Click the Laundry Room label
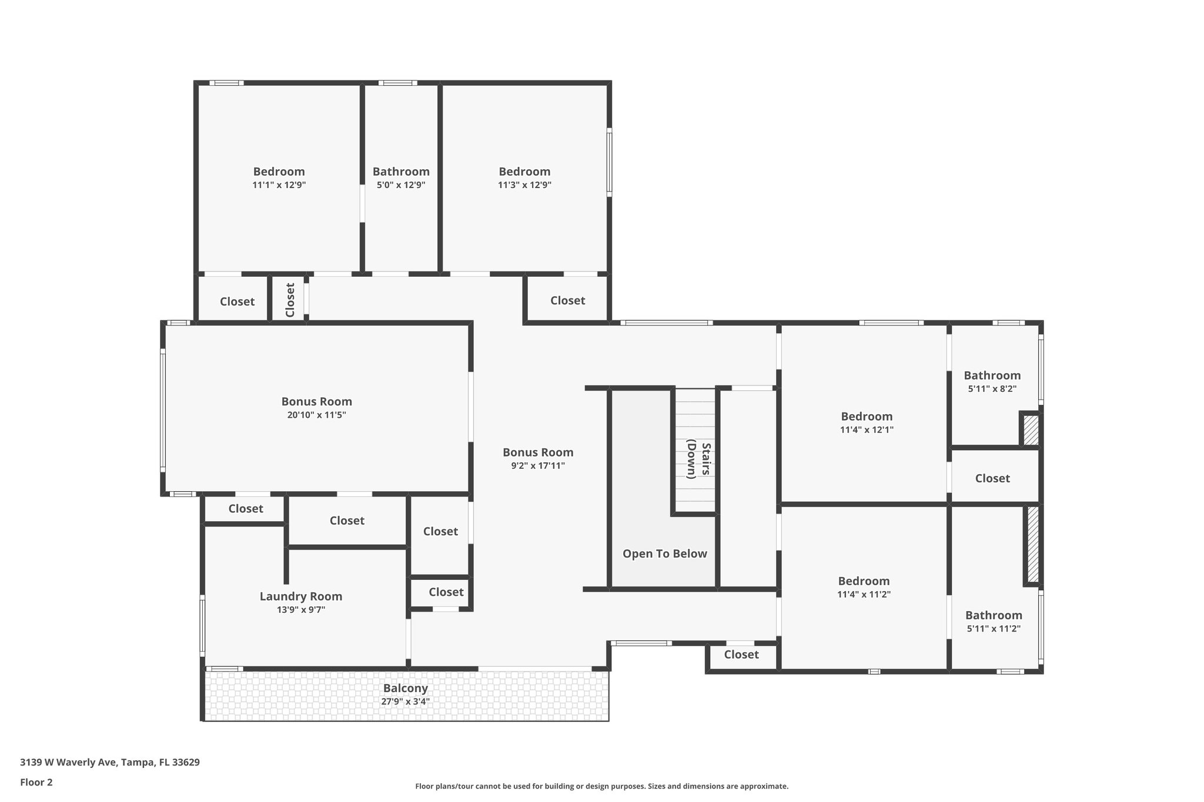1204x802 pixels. pos(300,596)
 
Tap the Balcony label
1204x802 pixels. pos(405,688)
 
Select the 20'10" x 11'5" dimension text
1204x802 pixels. pos(316,415)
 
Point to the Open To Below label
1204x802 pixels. pos(664,553)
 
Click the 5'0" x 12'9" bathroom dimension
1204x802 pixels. pos(401,185)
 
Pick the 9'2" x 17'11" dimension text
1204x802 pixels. pos(537,466)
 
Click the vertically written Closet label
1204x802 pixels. pos(290,300)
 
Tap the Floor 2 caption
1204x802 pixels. pos(36,782)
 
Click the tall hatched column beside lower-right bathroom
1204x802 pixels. pos(1032,544)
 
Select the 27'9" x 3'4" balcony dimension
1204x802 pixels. pos(405,702)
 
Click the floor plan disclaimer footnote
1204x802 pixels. pos(601,786)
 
